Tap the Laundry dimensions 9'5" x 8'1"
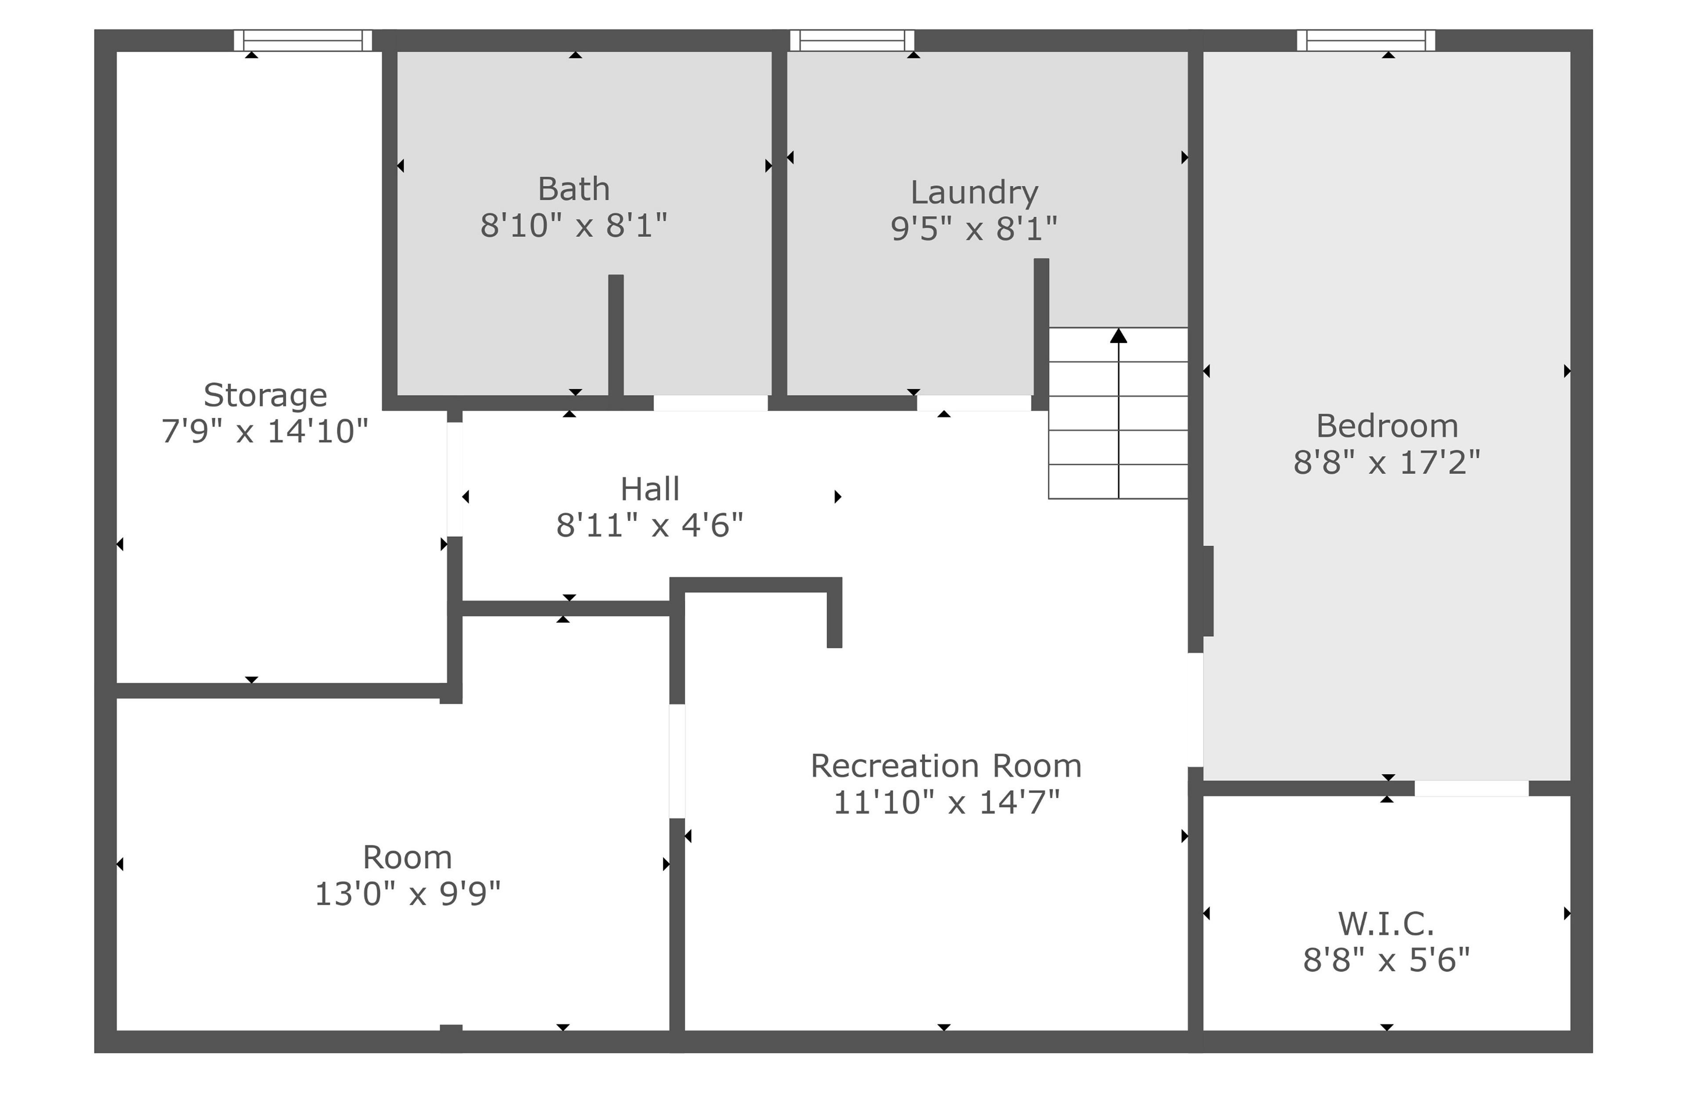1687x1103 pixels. point(974,229)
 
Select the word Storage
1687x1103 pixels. point(265,395)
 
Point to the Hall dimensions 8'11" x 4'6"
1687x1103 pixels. point(649,526)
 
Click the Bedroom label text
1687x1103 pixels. point(1387,427)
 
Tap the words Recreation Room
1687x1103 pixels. point(946,766)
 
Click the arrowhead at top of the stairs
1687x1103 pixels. point(1119,335)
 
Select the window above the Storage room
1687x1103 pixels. point(303,40)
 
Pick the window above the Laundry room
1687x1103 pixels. point(852,40)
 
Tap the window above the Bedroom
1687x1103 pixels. point(1366,40)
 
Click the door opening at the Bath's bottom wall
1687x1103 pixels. point(710,403)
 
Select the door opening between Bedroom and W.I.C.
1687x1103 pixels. point(1472,788)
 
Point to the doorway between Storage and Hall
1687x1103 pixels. point(454,480)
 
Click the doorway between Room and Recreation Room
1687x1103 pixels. point(677,761)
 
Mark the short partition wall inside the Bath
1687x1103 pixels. point(616,335)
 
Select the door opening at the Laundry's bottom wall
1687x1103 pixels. point(974,403)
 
